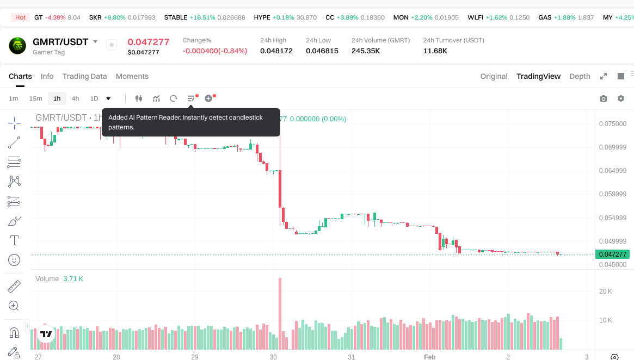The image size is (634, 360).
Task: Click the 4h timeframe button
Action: coord(75,98)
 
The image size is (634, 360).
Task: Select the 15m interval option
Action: coord(35,98)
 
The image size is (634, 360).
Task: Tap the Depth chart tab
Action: coord(580,76)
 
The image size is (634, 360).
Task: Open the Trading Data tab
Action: coord(84,76)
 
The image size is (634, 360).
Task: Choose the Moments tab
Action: coord(132,76)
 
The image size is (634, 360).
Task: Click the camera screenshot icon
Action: coord(603,98)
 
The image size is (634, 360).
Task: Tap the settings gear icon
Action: coord(621,98)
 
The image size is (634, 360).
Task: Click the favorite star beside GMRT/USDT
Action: coord(112,45)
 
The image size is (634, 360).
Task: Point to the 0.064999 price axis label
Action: coord(612,171)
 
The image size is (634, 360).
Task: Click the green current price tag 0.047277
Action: coord(612,255)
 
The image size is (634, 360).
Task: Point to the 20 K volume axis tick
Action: coord(606,291)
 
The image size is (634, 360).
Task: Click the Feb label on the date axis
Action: coord(430,357)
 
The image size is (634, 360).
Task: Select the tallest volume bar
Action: coord(280,314)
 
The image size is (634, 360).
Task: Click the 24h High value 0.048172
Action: coord(276,51)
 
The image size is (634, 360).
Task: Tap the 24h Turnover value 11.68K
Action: coord(435,51)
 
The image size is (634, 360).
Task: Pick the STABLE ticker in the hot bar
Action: coord(176,17)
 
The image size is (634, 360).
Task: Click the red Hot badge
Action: coord(20,17)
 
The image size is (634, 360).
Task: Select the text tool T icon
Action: coord(14,240)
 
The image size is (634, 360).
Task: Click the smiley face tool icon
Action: coord(14,260)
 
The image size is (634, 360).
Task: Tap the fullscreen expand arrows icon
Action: coord(603,76)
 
